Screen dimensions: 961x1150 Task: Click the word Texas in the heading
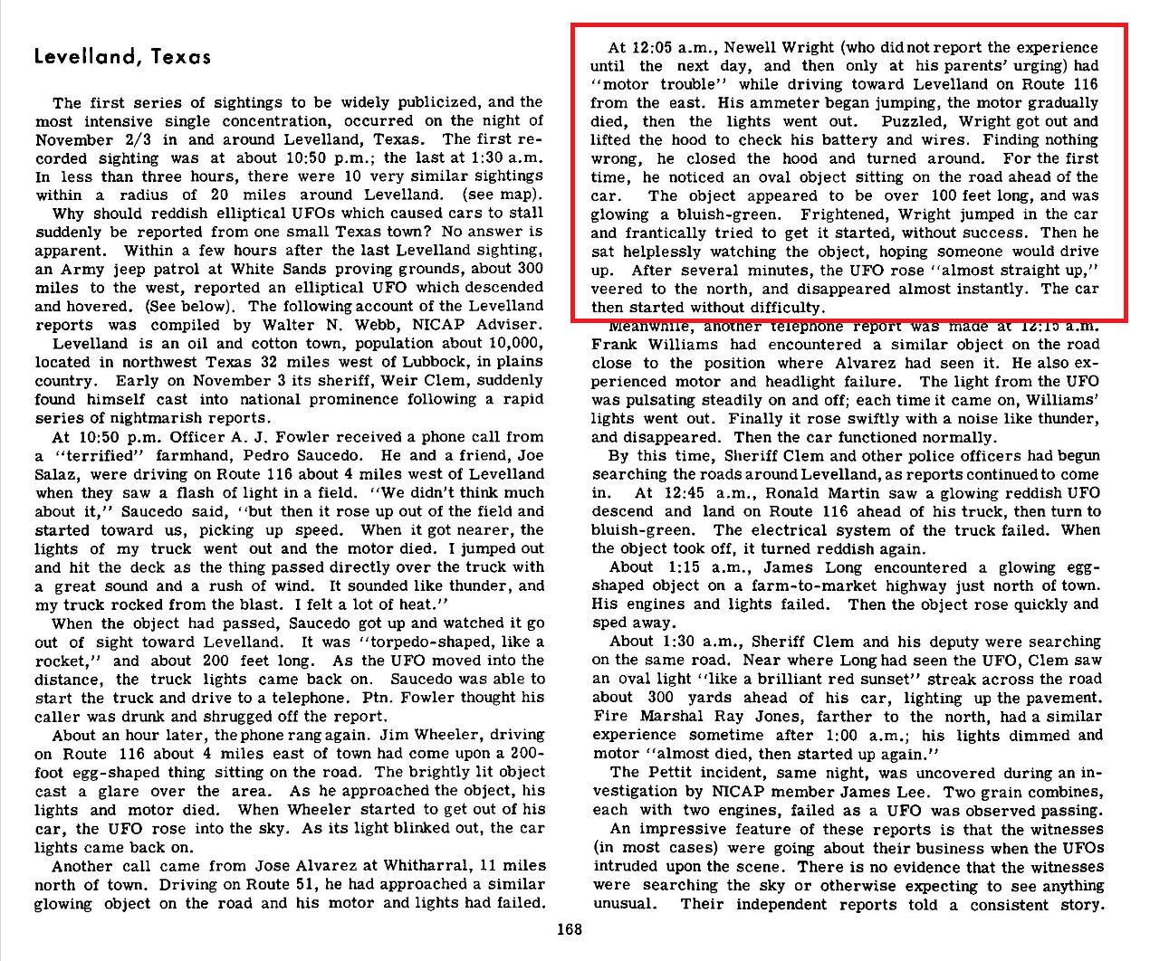181,56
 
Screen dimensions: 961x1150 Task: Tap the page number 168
570,928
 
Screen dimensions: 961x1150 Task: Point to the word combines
1066,792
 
